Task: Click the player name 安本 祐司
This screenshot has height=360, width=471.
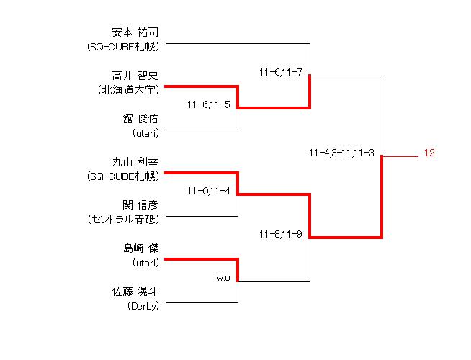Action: pos(135,32)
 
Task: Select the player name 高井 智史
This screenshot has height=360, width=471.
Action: pos(135,76)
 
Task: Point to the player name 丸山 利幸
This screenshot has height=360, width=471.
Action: pos(135,162)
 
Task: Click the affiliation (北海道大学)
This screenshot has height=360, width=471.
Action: pos(127,90)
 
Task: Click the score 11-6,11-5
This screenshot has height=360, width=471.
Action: pos(208,104)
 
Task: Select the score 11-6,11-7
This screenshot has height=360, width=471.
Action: pos(280,72)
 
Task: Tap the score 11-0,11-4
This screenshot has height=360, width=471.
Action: pos(208,191)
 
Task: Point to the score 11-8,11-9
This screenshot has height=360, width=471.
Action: pos(280,234)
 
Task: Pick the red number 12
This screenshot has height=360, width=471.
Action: pos(429,153)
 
